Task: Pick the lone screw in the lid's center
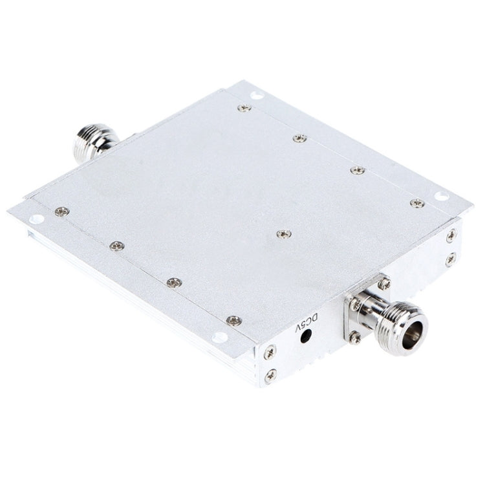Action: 283,233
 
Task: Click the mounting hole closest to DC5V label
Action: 221,336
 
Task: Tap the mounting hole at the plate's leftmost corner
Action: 36,219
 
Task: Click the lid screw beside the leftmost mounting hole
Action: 61,210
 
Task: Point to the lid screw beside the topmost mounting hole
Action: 244,108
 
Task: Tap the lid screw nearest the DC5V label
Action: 234,320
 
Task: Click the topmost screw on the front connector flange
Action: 384,283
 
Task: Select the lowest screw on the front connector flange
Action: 356,336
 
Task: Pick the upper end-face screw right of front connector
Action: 451,235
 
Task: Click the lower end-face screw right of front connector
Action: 450,259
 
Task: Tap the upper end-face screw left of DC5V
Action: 270,352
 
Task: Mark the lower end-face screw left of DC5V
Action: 271,374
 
